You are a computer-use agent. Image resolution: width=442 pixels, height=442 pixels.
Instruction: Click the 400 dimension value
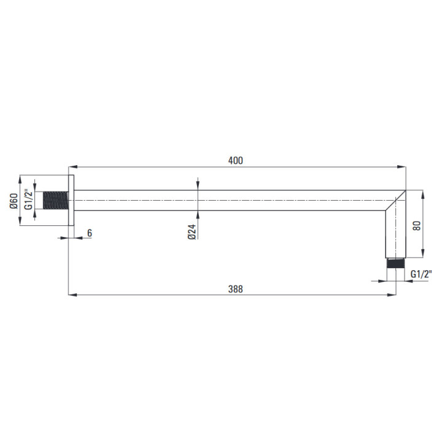click(x=235, y=161)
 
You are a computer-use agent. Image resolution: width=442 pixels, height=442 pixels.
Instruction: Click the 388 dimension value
click(x=235, y=289)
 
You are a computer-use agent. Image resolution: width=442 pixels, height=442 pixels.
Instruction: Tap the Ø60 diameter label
click(x=14, y=201)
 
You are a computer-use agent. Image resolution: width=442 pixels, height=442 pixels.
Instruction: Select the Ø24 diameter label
click(x=192, y=231)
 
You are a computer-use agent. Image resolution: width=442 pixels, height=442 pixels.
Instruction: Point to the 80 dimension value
click(x=417, y=225)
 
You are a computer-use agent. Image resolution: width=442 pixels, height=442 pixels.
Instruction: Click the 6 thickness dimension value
click(x=90, y=233)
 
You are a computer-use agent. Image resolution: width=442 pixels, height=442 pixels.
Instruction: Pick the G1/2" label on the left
click(x=28, y=200)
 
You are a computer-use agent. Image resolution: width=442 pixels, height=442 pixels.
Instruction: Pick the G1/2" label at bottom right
click(x=421, y=274)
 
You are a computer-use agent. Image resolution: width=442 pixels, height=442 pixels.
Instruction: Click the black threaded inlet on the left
click(x=55, y=200)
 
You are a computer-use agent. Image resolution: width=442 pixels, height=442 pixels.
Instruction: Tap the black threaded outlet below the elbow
click(x=396, y=263)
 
